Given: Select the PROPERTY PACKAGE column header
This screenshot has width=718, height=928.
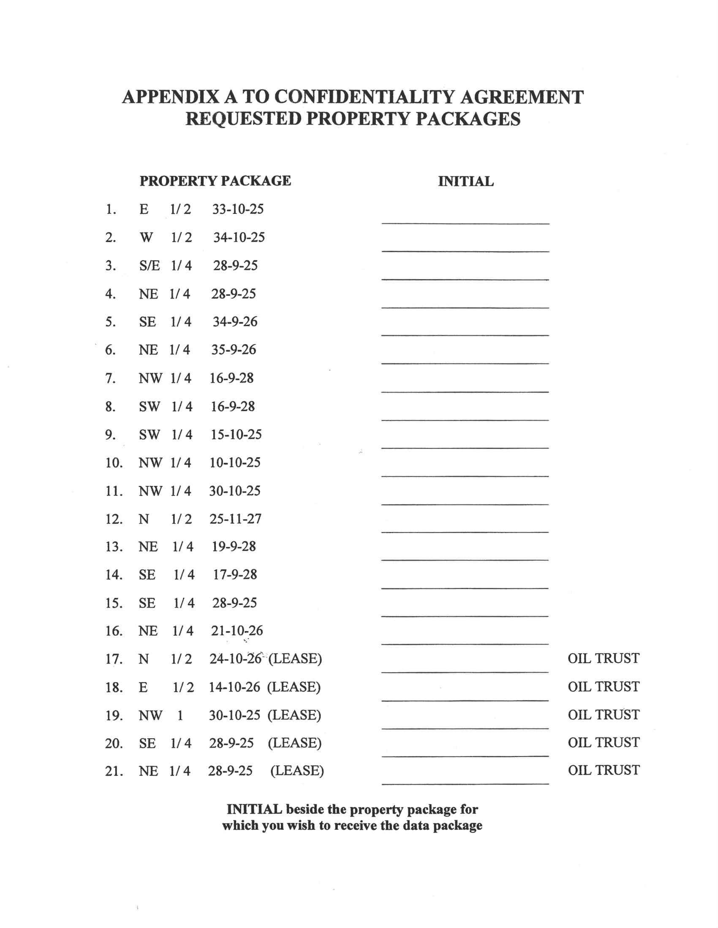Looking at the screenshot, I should (215, 181).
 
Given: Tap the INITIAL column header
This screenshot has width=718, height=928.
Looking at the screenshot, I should (466, 181).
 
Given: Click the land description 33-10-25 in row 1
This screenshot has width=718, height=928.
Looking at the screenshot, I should (238, 209).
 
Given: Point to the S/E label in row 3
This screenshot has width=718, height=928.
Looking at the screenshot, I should (149, 266).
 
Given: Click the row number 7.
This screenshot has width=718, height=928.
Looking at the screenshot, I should (110, 378).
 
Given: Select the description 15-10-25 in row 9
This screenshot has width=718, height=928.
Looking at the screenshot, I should (236, 434).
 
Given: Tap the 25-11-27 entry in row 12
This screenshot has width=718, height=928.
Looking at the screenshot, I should (235, 519).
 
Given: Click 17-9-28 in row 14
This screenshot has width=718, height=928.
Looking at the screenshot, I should (235, 575).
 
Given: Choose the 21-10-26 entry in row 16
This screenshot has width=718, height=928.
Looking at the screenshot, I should (237, 631).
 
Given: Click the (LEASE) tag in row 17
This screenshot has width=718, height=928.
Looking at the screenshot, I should (295, 658).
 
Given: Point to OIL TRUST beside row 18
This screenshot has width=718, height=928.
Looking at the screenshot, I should (603, 687).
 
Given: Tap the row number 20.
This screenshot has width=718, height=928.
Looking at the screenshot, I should (114, 744).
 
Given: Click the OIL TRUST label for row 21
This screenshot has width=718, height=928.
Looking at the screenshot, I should (603, 770).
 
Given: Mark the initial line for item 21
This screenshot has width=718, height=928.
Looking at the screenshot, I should (465, 783).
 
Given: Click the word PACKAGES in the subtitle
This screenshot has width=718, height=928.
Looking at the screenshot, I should (468, 119).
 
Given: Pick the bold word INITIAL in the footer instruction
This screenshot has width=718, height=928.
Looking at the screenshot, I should (254, 809).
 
